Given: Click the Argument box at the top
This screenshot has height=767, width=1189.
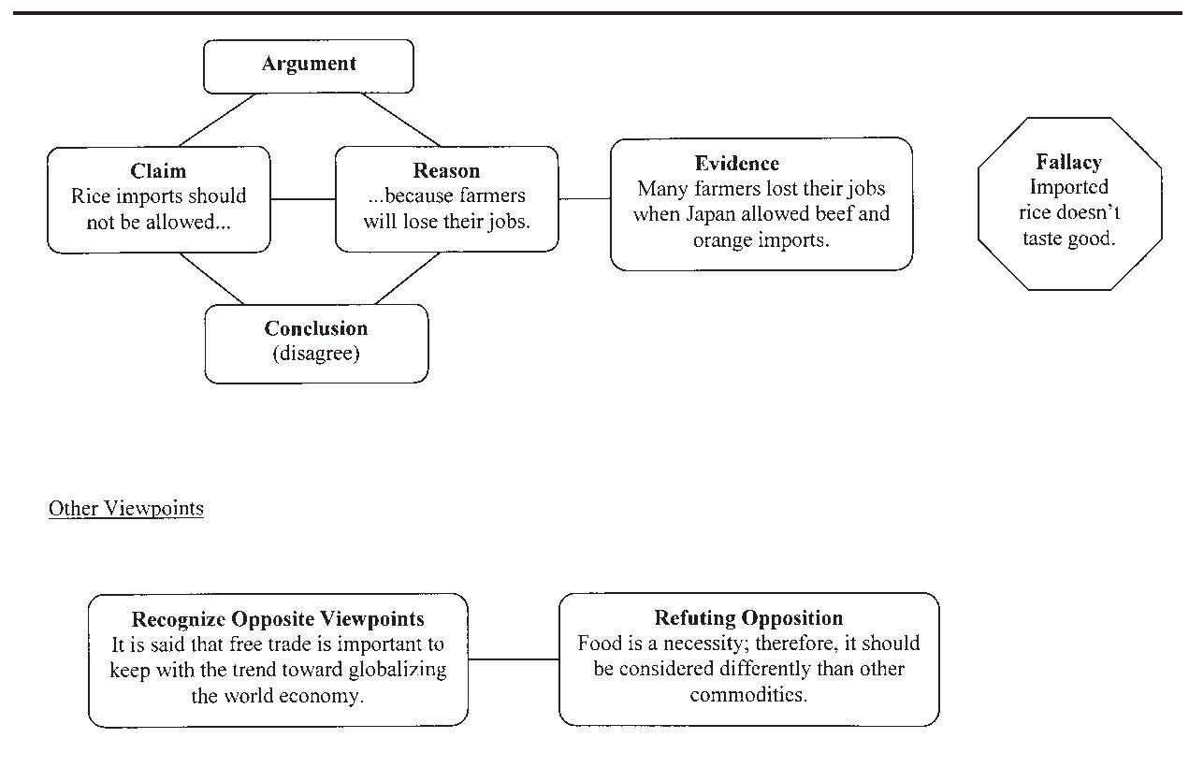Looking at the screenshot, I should click(x=309, y=65).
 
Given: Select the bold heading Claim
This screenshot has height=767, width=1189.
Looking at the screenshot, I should click(x=158, y=171).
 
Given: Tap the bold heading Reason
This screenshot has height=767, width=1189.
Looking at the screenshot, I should click(x=446, y=171).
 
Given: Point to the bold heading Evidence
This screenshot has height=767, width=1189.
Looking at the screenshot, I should click(x=736, y=164).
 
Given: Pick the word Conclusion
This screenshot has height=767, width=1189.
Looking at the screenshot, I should click(x=315, y=328).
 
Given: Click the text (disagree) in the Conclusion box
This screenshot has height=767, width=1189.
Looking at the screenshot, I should click(x=315, y=354).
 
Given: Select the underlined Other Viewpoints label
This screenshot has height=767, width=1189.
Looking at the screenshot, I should click(x=125, y=509).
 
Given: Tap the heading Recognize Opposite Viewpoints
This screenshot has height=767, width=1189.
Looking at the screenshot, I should click(x=278, y=619).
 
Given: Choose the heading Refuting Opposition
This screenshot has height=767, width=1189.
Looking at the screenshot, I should click(x=748, y=618).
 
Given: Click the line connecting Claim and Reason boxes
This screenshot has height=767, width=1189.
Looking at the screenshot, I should click(x=302, y=198).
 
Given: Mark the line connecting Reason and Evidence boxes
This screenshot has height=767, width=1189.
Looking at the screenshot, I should click(x=584, y=198).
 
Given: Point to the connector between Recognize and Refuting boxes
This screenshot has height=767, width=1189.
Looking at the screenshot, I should click(x=513, y=659).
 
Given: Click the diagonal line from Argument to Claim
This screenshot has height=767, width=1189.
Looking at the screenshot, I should click(x=217, y=120).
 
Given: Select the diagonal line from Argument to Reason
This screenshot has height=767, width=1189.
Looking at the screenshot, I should click(x=400, y=120).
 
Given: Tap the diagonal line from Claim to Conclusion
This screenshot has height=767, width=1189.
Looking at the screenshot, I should click(x=211, y=279).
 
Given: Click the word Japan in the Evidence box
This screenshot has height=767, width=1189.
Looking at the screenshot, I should click(x=717, y=214).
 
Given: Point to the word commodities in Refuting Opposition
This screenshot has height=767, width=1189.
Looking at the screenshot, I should click(x=748, y=695).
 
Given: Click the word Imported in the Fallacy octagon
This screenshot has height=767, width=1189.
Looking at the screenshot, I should click(x=1068, y=187).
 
